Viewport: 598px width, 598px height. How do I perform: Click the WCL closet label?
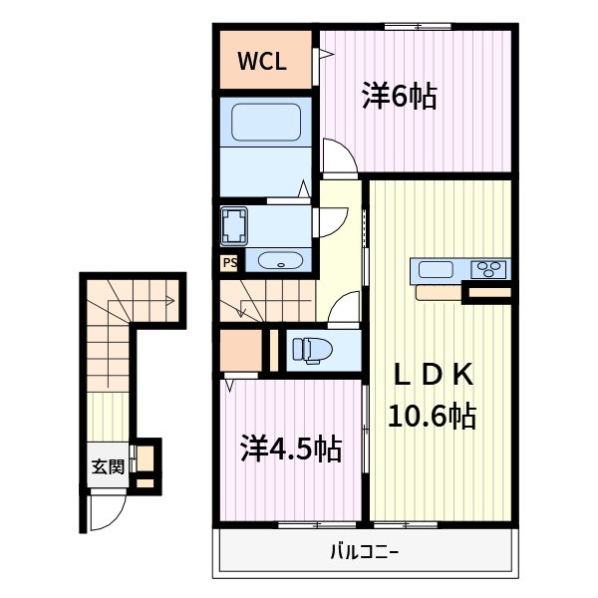262,61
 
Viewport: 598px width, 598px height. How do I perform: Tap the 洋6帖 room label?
399,97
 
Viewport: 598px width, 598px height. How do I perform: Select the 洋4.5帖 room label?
290,449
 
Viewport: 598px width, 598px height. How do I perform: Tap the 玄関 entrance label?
109,465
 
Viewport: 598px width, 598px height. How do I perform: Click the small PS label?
229,263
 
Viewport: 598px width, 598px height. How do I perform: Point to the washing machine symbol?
235,226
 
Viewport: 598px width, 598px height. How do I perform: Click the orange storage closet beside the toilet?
239,348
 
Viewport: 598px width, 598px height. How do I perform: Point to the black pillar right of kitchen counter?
488,292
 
